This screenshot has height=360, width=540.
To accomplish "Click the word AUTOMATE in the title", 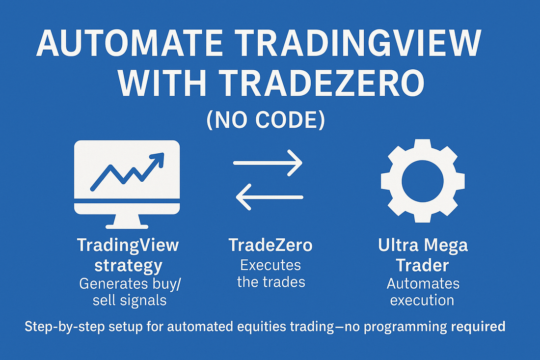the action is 129,43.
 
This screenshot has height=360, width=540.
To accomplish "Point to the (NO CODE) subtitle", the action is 266,120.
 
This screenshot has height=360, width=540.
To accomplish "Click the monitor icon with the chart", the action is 127,184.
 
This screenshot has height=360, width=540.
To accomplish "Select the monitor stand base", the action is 127,226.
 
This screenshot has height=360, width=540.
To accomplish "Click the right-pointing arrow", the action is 268,163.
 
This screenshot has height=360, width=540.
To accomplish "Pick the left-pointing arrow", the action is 270,197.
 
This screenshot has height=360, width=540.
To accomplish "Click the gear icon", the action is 423,181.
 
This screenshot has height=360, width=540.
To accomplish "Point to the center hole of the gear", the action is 423,181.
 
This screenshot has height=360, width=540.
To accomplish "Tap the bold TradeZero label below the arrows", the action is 270,245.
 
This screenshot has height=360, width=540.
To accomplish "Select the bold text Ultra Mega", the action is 423,245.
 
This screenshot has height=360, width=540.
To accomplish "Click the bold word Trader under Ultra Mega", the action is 422,265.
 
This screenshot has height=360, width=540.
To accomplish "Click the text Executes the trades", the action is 270,274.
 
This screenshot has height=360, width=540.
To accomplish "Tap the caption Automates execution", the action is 423,292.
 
